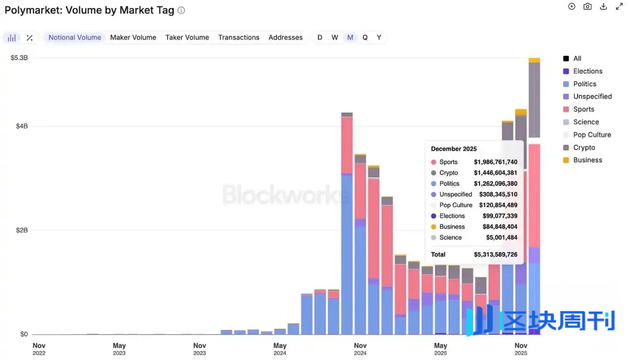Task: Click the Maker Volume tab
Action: point(133,37)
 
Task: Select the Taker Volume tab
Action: point(187,37)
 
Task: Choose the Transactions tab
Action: point(239,37)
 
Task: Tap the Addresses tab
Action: point(286,37)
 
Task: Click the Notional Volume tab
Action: point(74,37)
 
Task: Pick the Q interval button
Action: point(365,37)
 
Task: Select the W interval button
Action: point(335,37)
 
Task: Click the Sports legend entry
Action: point(583,109)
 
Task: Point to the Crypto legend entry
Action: point(584,148)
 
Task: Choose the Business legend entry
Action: point(587,160)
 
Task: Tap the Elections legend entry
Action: point(588,71)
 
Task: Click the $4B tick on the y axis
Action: point(22,126)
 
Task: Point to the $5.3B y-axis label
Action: point(19,58)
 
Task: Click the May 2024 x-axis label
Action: point(280,349)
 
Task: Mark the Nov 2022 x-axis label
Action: point(39,349)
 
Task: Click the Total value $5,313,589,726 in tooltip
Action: point(496,254)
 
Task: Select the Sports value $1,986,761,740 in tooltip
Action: point(496,162)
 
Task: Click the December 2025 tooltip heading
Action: point(454,149)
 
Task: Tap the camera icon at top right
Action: point(587,7)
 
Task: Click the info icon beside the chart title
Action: point(181,10)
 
